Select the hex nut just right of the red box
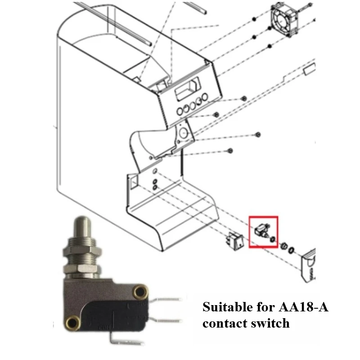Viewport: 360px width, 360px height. (x=284, y=246)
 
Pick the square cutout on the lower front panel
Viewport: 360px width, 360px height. (x=134, y=181)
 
